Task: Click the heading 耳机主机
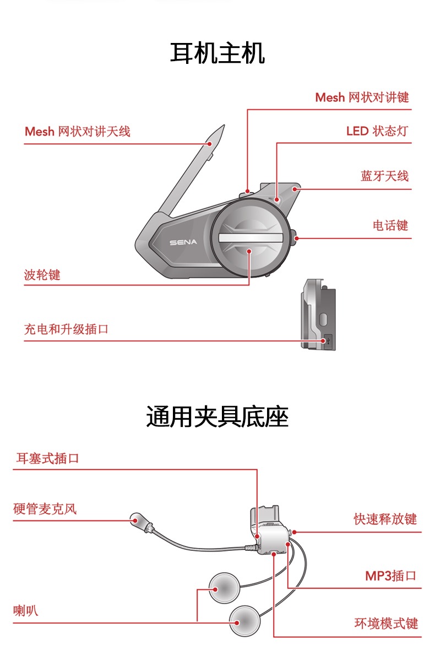(218, 54)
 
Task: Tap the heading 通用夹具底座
(218, 416)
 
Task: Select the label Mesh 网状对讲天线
(78, 132)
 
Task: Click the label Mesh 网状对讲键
(362, 97)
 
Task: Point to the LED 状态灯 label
(377, 131)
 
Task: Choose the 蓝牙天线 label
(384, 176)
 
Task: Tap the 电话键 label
(390, 225)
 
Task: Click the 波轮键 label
(42, 275)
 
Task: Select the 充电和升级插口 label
(66, 329)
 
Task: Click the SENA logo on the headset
(183, 242)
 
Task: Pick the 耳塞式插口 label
(48, 458)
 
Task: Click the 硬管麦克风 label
(45, 508)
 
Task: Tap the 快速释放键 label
(385, 519)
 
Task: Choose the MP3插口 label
(390, 576)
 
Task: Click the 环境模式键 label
(385, 624)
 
